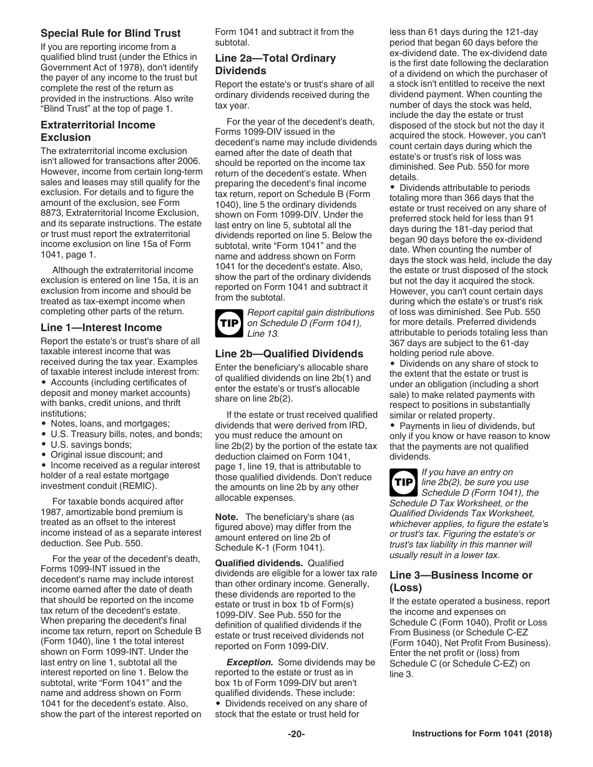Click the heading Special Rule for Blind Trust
(x=110, y=33)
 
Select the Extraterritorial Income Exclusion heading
(x=98, y=131)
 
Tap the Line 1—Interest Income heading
(x=101, y=327)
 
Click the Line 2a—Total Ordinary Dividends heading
(x=275, y=64)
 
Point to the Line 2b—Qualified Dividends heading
(x=289, y=354)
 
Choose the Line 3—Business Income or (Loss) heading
(x=461, y=581)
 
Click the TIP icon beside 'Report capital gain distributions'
(x=228, y=323)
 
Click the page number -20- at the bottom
(x=296, y=734)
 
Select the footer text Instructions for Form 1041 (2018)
(x=482, y=734)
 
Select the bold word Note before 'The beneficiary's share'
(x=227, y=517)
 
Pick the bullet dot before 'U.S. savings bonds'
(x=44, y=445)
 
